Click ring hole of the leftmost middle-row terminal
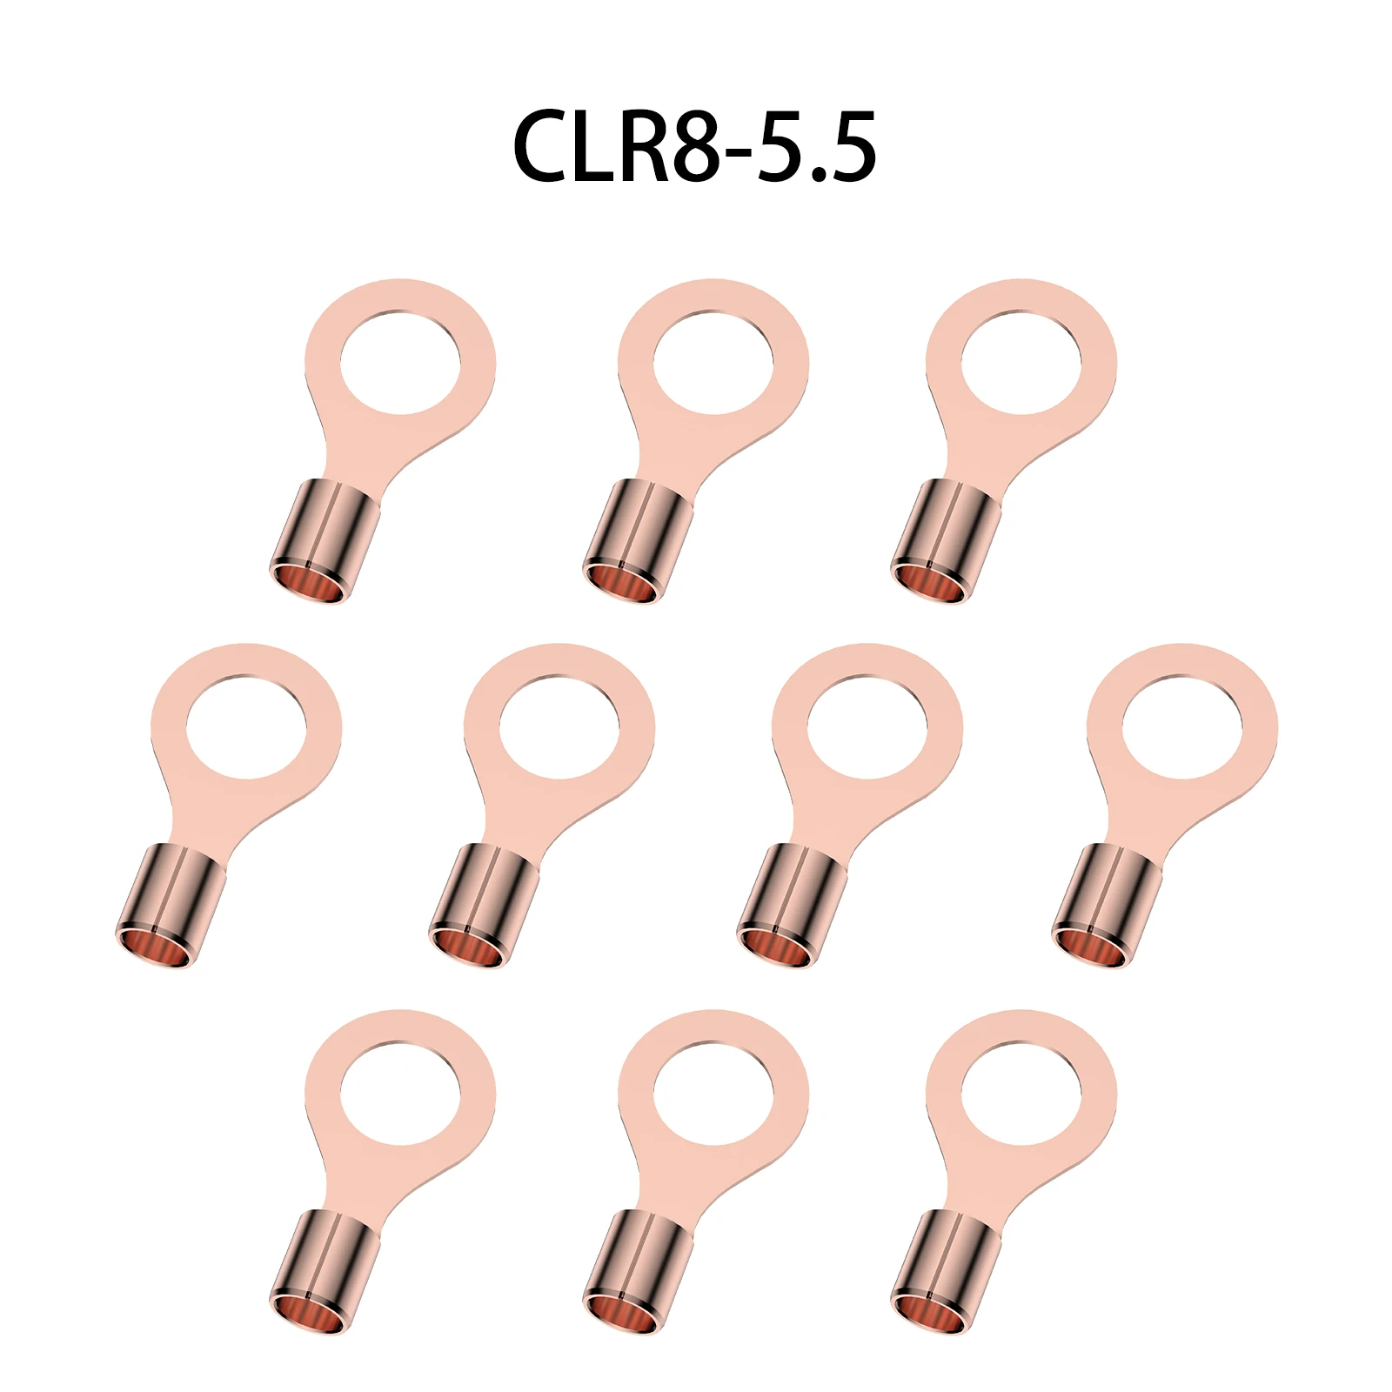246,726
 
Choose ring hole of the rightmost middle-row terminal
1182,726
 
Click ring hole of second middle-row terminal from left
559,726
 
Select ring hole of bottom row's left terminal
400,1093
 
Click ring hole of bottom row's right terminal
1021,1093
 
